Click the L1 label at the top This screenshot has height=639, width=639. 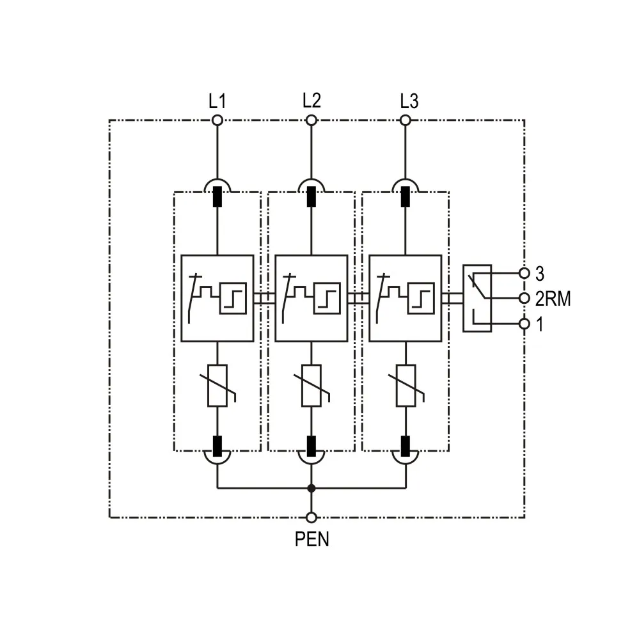click(217, 101)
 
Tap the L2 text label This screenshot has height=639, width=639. click(312, 100)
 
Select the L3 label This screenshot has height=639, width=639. click(409, 101)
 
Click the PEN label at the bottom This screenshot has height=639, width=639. click(312, 539)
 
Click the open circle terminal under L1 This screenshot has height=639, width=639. click(217, 120)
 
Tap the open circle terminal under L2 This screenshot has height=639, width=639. click(312, 120)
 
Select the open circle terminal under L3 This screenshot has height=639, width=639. click(406, 120)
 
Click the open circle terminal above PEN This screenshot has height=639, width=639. click(312, 517)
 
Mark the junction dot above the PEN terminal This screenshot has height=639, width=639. click(312, 489)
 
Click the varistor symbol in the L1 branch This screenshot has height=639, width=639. click(217, 386)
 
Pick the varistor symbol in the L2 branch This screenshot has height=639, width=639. click(312, 386)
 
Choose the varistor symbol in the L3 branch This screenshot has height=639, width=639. click(406, 386)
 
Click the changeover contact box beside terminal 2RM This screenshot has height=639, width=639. click(477, 299)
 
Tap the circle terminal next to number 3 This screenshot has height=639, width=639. click(525, 273)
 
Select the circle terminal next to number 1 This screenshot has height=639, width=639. click(525, 324)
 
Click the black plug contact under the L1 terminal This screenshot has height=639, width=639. click(217, 196)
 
